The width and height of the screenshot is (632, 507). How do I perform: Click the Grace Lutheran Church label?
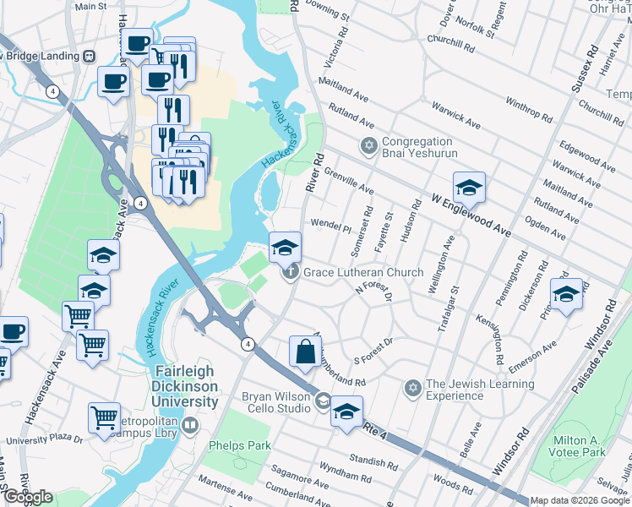point(363,272)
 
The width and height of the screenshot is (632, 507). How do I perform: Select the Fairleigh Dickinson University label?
point(184,386)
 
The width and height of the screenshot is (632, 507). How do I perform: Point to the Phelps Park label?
point(242,445)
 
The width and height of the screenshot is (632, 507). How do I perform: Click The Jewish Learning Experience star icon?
point(412,389)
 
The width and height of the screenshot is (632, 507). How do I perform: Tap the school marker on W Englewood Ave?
point(469,188)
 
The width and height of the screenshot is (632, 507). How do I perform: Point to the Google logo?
point(29,497)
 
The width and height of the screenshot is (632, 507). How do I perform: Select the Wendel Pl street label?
point(330,229)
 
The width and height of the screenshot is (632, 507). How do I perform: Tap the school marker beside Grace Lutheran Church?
point(285,247)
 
